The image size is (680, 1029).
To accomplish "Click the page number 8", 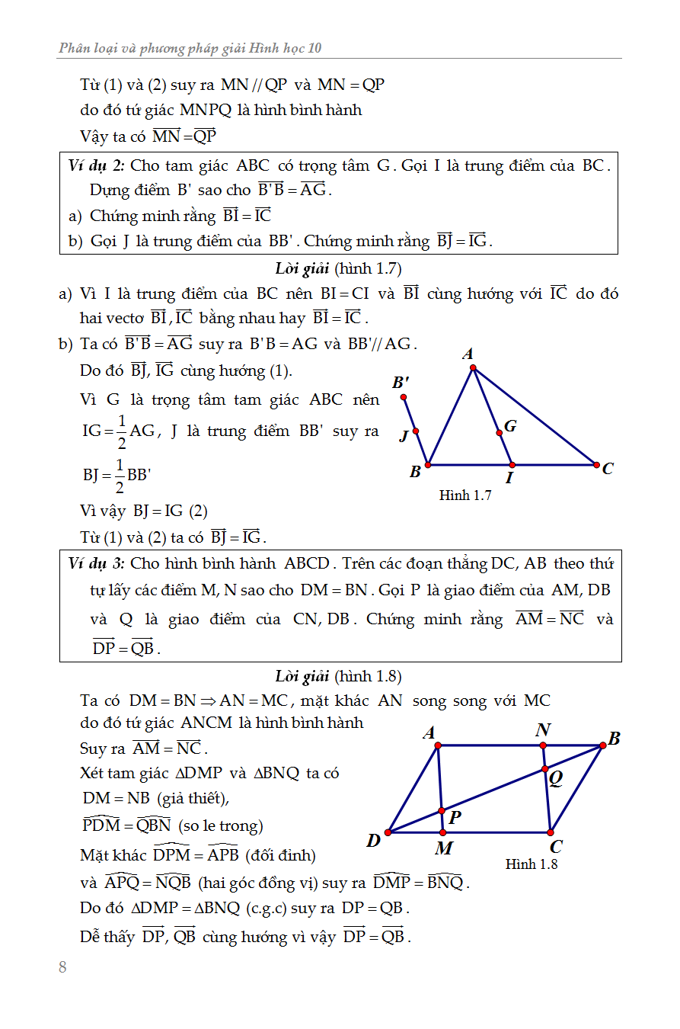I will (x=62, y=967).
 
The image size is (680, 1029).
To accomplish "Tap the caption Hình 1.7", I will (x=465, y=495).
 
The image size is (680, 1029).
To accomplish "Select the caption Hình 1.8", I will (x=532, y=864).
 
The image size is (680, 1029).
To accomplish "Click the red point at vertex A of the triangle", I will (x=473, y=368).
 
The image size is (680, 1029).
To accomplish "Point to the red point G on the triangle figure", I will (x=500, y=433).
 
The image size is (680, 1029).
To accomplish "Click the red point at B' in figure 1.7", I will (x=404, y=397).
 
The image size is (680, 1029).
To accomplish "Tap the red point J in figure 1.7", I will (x=416, y=431).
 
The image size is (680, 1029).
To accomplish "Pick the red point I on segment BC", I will (x=512, y=464).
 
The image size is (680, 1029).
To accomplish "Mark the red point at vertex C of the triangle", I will (x=595, y=464).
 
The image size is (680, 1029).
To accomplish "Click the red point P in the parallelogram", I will (x=442, y=812).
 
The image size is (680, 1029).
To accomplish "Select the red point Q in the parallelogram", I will (x=544, y=768).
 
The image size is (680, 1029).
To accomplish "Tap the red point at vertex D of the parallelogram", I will (x=388, y=832).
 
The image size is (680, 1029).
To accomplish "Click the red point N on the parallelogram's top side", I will (x=543, y=745).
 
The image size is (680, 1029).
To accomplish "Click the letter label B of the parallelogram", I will (x=614, y=738).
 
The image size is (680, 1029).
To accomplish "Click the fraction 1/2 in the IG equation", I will (x=120, y=431).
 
